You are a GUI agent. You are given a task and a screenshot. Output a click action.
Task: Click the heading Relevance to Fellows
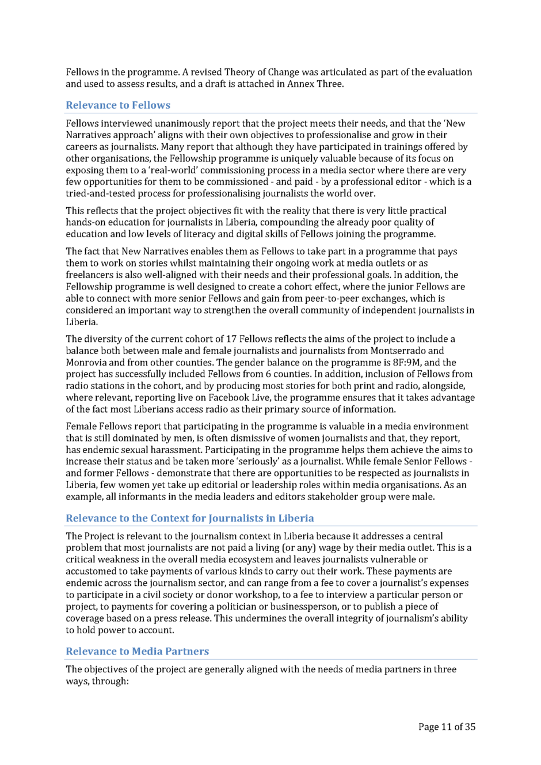tap(118, 105)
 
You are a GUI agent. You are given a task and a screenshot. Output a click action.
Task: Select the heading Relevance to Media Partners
tap(137, 651)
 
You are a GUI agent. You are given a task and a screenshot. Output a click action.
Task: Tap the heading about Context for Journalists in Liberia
tap(190, 518)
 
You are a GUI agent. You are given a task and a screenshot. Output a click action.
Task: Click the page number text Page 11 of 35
tap(447, 726)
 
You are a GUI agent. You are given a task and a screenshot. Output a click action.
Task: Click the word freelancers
tap(91, 275)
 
